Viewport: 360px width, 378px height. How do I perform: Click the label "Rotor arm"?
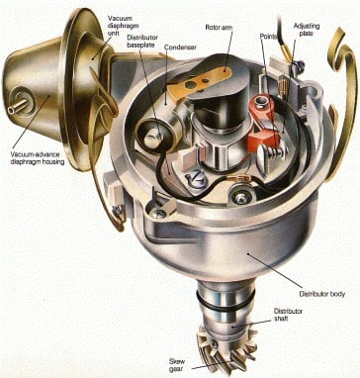click(x=219, y=28)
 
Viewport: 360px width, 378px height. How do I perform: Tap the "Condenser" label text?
click(x=180, y=47)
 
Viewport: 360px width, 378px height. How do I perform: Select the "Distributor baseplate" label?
click(x=142, y=41)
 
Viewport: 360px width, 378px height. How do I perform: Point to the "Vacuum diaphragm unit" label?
click(x=120, y=26)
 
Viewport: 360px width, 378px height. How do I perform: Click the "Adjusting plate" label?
click(x=307, y=30)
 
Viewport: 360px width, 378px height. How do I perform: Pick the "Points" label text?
click(x=269, y=36)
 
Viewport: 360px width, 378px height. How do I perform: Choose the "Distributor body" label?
click(x=322, y=294)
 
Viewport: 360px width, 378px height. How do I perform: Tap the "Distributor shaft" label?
click(x=288, y=315)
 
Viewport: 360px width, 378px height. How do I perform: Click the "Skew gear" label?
click(x=177, y=365)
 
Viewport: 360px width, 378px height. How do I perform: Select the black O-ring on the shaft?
click(x=225, y=302)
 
